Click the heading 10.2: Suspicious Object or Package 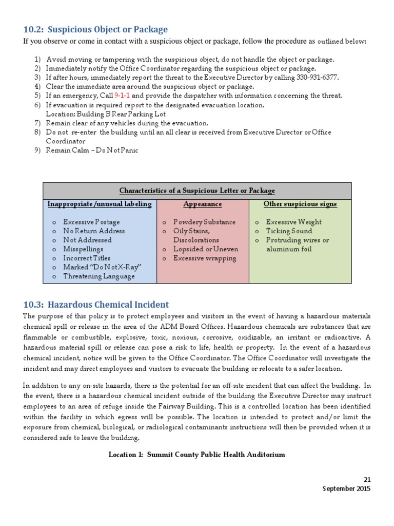tap(95, 29)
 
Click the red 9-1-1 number tap(123, 96)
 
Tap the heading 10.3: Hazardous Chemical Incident tap(96, 305)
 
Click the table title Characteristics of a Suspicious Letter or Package tap(197, 191)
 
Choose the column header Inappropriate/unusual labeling tap(100, 204)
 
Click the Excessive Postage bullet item tap(91, 222)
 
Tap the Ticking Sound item tap(288, 231)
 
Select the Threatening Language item tap(98, 276)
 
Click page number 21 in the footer tap(366, 479)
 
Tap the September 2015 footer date tap(346, 489)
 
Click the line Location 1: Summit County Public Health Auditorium tap(196, 455)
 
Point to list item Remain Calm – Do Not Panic tap(92, 151)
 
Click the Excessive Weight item tap(293, 222)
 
